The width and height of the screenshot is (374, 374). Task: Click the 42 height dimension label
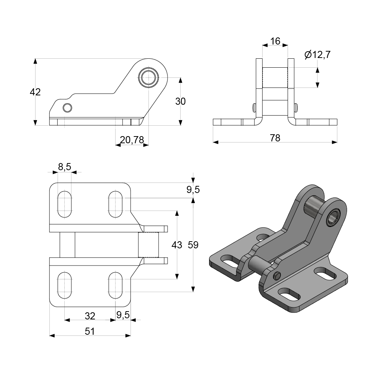pyautogui.click(x=35, y=92)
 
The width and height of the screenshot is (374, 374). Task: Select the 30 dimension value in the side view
pyautogui.click(x=181, y=101)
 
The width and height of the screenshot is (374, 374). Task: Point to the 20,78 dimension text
pyautogui.click(x=132, y=140)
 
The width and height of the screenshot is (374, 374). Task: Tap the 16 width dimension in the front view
pyautogui.click(x=275, y=41)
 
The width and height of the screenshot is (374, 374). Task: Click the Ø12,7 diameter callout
pyautogui.click(x=318, y=55)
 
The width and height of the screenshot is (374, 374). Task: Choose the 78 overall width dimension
pyautogui.click(x=275, y=138)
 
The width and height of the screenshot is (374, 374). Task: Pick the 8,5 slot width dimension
pyautogui.click(x=64, y=167)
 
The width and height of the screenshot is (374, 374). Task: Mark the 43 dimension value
pyautogui.click(x=177, y=245)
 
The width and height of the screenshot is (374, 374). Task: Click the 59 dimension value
pyautogui.click(x=193, y=245)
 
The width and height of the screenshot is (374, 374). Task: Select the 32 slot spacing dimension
pyautogui.click(x=90, y=316)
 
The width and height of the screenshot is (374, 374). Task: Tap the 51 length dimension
pyautogui.click(x=90, y=331)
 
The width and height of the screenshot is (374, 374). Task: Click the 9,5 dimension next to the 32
pyautogui.click(x=123, y=315)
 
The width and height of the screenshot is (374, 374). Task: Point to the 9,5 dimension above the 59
pyautogui.click(x=193, y=190)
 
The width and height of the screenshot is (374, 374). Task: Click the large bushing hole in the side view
pyautogui.click(x=148, y=77)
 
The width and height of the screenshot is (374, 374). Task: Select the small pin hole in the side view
pyautogui.click(x=67, y=108)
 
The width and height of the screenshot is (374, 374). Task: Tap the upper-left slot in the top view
pyautogui.click(x=65, y=204)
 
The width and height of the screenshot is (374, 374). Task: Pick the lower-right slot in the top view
pyautogui.click(x=116, y=285)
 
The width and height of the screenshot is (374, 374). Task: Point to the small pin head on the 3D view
pyautogui.click(x=277, y=276)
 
